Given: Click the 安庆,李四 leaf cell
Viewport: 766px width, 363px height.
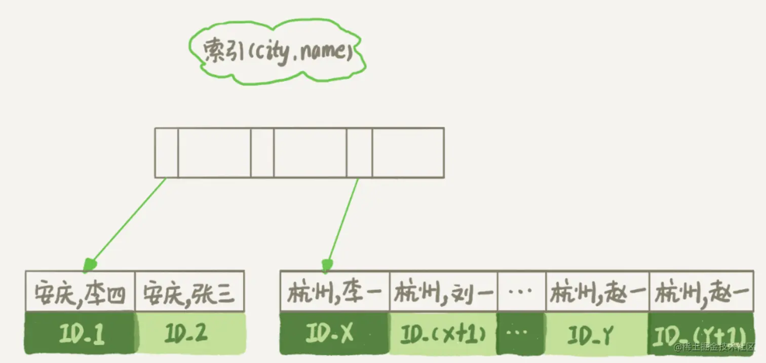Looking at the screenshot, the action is click(x=80, y=292).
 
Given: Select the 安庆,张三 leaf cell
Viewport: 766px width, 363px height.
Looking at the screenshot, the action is click(x=189, y=292).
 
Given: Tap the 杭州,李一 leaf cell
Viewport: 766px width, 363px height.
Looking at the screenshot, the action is click(x=335, y=292).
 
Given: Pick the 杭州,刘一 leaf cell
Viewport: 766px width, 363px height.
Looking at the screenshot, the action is click(x=443, y=292).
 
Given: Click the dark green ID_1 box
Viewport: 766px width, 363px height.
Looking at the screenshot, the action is click(x=80, y=333).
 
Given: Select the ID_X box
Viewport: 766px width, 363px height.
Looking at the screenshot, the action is click(x=334, y=333).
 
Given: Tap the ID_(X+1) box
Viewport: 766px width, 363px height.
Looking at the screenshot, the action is click(x=443, y=333).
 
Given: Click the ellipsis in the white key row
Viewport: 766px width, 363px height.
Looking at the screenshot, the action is click(x=521, y=292).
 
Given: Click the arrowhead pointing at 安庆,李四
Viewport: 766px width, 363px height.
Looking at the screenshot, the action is click(x=89, y=264).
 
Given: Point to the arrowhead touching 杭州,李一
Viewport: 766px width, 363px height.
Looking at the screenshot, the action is click(x=327, y=265).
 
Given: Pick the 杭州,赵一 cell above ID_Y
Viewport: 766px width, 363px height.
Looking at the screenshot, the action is click(x=597, y=292).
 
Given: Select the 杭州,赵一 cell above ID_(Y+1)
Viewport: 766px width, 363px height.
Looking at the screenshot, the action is click(x=702, y=292).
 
